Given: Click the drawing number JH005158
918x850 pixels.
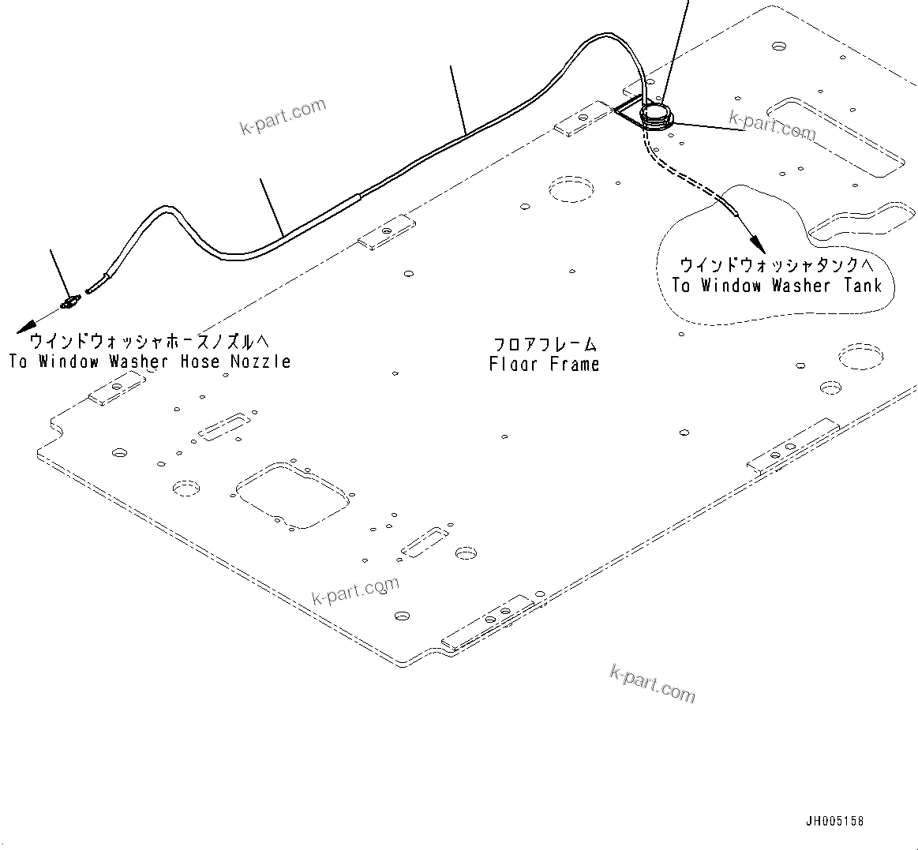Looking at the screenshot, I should pyautogui.click(x=834, y=822).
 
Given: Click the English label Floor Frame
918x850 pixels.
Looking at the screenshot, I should pyautogui.click(x=544, y=364).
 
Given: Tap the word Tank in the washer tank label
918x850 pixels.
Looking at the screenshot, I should pyautogui.click(x=862, y=286).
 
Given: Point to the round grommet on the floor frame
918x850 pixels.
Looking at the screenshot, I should pyautogui.click(x=655, y=116).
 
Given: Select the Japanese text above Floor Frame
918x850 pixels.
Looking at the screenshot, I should pyautogui.click(x=545, y=344).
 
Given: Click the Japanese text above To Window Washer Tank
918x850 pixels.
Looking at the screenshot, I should pyautogui.click(x=777, y=264).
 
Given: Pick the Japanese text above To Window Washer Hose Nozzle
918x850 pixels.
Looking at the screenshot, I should pyautogui.click(x=149, y=341).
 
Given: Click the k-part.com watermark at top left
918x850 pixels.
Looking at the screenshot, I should pyautogui.click(x=283, y=116).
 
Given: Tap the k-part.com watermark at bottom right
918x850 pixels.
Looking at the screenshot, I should pyautogui.click(x=653, y=683).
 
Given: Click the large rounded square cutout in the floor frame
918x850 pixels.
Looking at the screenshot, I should pyautogui.click(x=291, y=494).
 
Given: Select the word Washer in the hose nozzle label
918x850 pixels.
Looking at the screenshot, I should pyautogui.click(x=139, y=361).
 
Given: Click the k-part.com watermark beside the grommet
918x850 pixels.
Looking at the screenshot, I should pyautogui.click(x=772, y=125).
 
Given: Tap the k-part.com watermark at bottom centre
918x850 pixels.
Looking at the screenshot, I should pyautogui.click(x=356, y=590).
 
